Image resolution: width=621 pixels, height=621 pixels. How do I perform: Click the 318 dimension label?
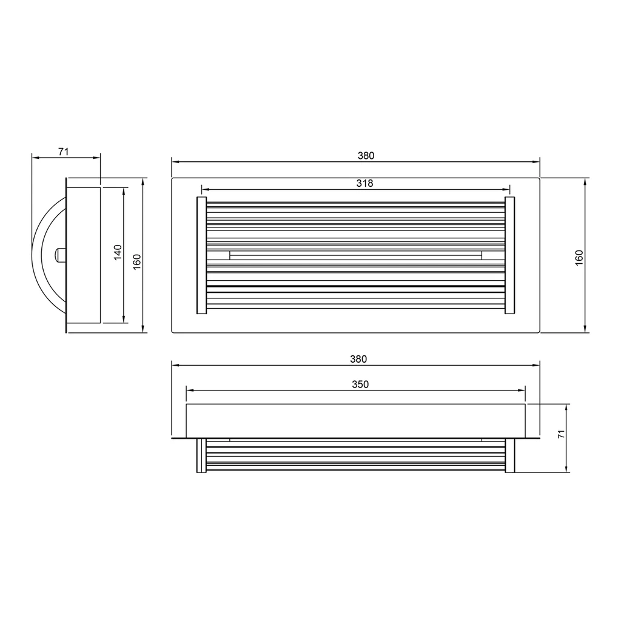pos(364,183)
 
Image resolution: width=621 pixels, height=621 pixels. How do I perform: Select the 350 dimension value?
pos(360,384)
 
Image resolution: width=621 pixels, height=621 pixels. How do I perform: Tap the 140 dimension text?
pos(118,253)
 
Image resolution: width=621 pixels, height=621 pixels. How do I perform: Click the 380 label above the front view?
pos(366,156)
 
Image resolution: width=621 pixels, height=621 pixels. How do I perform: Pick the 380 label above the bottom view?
pos(358,359)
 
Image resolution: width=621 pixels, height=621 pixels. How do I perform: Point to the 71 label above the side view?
pos(64,152)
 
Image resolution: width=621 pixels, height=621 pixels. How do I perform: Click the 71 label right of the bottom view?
pos(561,434)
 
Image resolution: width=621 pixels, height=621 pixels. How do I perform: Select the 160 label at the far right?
pos(579,258)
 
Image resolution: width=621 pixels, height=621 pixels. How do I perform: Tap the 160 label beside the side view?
pos(136,262)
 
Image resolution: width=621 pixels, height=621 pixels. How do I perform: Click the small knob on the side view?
pos(59,255)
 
